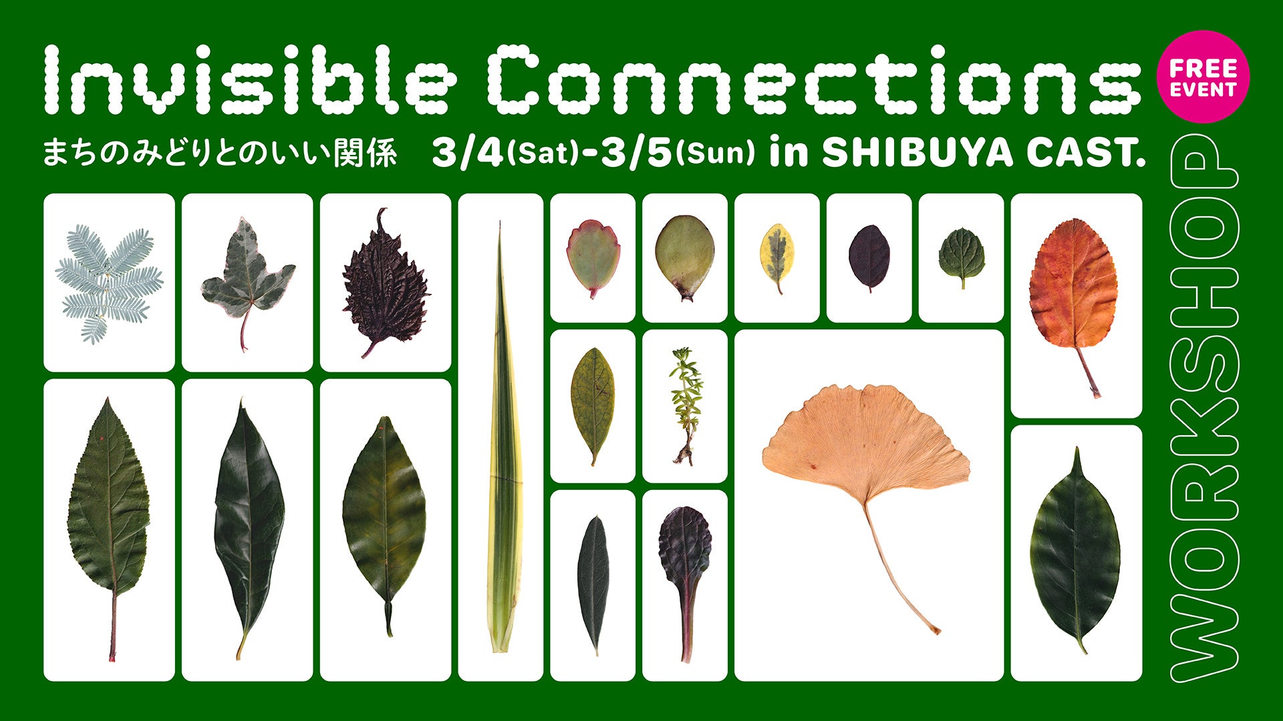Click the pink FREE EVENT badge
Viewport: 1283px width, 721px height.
[1202, 77]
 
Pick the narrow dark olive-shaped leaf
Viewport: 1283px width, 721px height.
[593, 581]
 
